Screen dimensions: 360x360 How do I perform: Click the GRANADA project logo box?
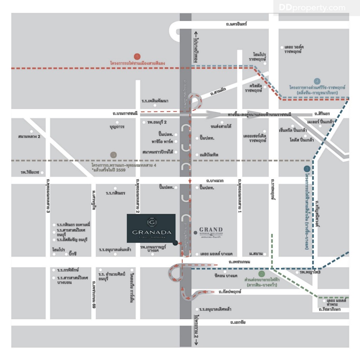[151, 228]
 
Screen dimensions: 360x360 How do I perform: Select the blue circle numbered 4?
[317, 81]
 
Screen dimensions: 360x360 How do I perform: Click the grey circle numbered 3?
[113, 155]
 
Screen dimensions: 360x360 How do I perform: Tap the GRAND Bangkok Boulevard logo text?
[211, 232]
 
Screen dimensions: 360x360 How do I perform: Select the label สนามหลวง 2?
[29, 136]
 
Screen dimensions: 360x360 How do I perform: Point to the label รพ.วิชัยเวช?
[30, 173]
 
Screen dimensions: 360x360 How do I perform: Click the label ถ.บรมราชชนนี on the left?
[125, 113]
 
